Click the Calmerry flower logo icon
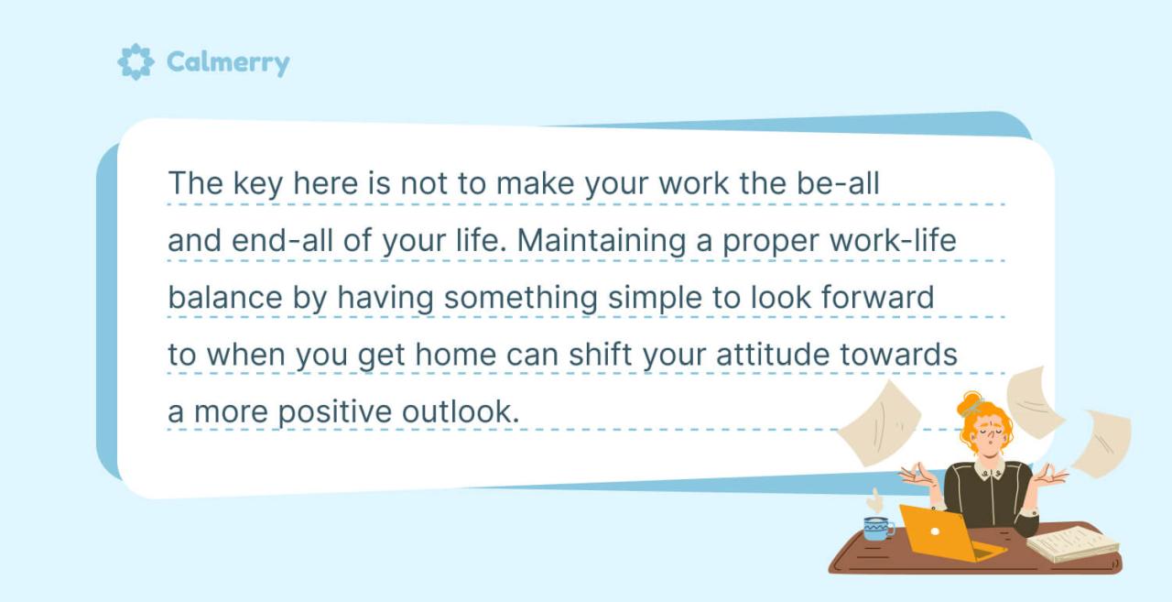136,62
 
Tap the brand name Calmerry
227,63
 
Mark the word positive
335,412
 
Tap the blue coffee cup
877,528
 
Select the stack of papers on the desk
1072,544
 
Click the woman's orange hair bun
970,400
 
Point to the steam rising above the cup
875,500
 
